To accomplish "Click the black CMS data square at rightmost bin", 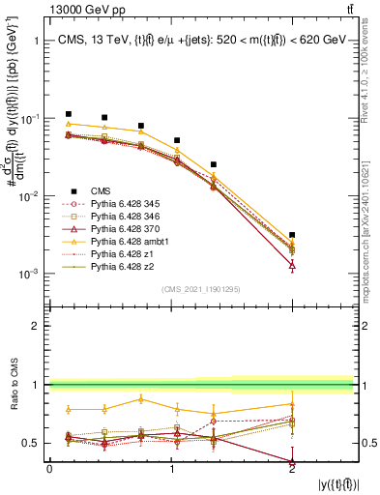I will coord(292,235).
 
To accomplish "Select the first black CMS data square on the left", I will coord(68,114).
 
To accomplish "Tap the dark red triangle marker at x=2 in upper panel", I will coord(292,264).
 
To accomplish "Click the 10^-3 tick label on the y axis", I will coord(29,274).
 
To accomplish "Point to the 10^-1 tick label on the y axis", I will coord(29,119).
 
